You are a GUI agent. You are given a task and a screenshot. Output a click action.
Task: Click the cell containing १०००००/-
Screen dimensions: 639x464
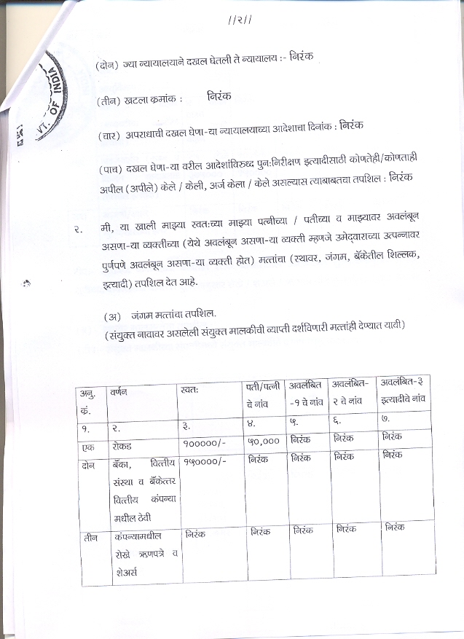pyautogui.click(x=205, y=442)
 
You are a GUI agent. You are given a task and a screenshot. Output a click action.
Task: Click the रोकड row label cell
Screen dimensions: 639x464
pyautogui.click(x=118, y=444)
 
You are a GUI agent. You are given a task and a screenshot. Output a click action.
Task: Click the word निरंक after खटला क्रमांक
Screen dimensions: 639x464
pyautogui.click(x=219, y=97)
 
